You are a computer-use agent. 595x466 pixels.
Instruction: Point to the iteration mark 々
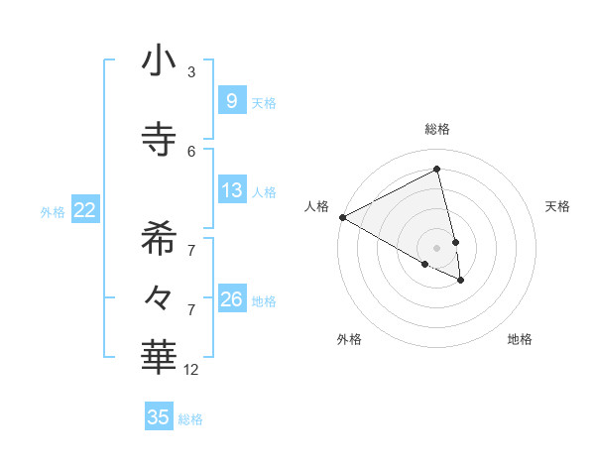pos(159,295)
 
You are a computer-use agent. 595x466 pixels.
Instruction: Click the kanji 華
pos(159,357)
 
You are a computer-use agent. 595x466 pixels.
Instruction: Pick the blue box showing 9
pos(231,100)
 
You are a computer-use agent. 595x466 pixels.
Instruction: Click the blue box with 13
pos(231,190)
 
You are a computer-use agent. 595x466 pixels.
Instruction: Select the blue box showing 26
pos(231,299)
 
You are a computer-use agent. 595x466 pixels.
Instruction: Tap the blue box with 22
pos(85,209)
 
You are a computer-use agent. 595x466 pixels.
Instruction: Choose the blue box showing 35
pos(159,417)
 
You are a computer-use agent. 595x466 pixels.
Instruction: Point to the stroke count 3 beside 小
pos(191,72)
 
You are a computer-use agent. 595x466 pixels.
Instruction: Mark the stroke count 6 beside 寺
pos(191,151)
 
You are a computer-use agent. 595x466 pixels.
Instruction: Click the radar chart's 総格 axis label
pos(437,129)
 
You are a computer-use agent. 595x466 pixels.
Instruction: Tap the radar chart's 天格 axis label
pos(557,206)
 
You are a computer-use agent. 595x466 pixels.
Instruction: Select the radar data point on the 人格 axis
pos(342,217)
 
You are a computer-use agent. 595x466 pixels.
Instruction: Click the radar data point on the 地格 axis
pos(461,281)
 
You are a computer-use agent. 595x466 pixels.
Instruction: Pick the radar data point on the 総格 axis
pos(437,170)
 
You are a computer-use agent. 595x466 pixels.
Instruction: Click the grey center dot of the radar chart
pos(437,247)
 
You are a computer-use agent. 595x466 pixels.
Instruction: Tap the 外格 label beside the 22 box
pos(53,211)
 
